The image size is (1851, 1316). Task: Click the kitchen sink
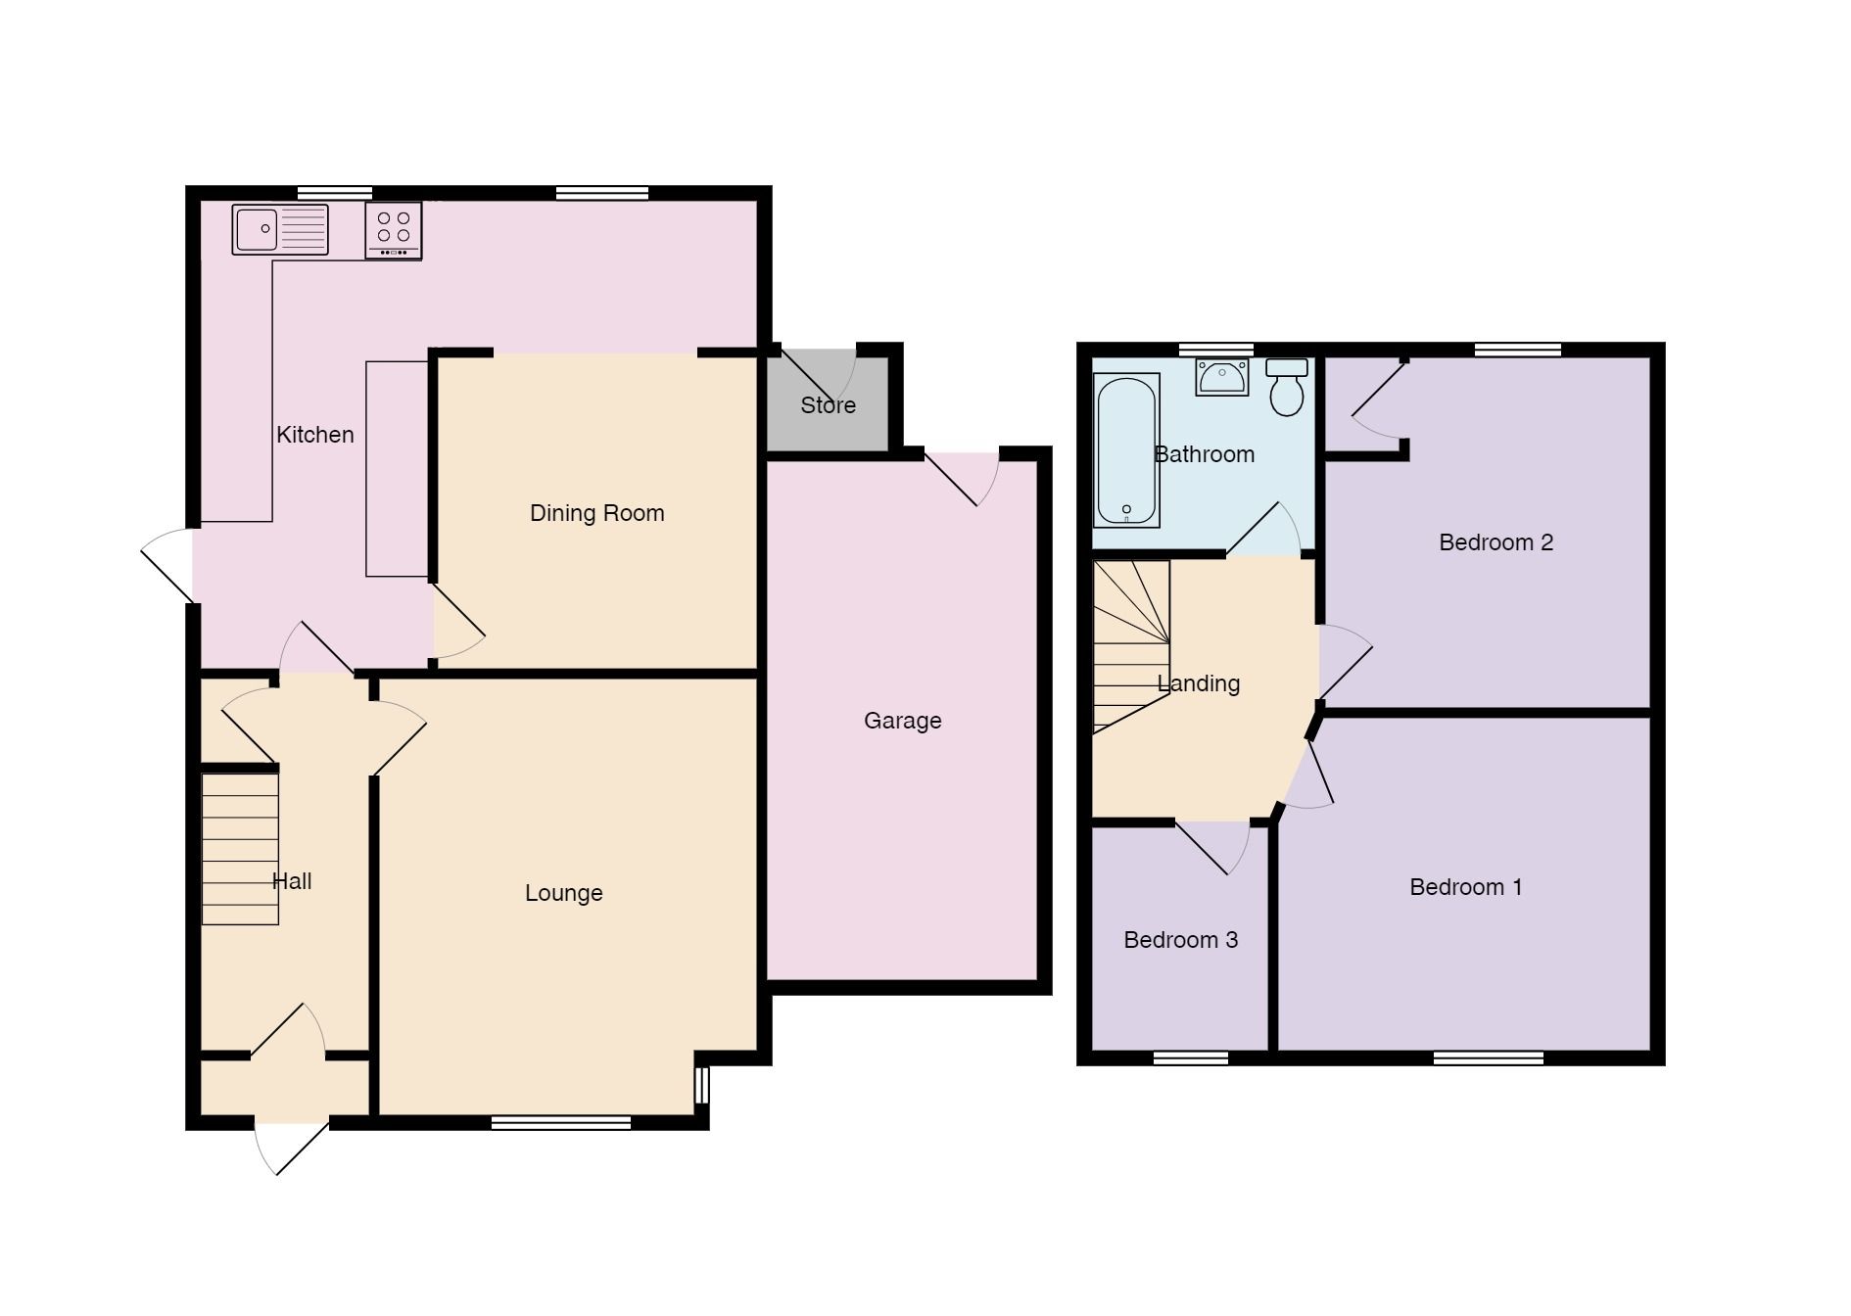coord(279,230)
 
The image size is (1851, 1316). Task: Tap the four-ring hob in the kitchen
coord(394,230)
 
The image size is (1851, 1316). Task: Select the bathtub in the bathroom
coord(1127,450)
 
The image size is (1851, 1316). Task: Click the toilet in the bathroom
coord(1286,388)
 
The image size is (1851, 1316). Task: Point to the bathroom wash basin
coord(1222,377)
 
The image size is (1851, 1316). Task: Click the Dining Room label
coord(596,513)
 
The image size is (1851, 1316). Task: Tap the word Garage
coord(902,721)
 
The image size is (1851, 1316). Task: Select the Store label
coord(828,405)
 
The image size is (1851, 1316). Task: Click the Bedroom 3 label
coord(1180,940)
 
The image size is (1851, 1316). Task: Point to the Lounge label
coord(563,893)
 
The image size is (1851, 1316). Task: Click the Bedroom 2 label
coord(1495,542)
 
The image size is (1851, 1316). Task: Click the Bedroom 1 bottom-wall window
coord(1488,1057)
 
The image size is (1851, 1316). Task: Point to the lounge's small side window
coord(701,1085)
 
